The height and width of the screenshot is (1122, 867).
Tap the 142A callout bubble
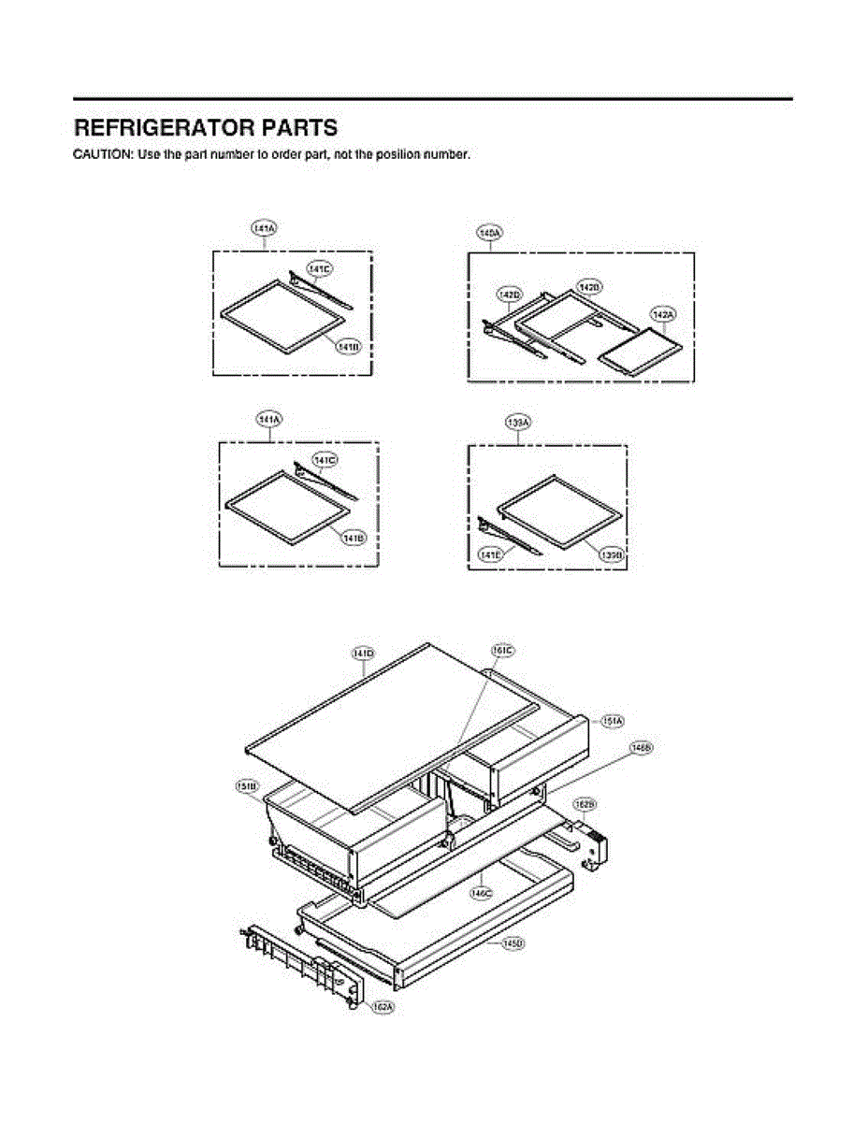pyautogui.click(x=662, y=315)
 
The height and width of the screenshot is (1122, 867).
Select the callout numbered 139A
pyautogui.click(x=518, y=423)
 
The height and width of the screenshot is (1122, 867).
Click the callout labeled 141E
pyautogui.click(x=490, y=555)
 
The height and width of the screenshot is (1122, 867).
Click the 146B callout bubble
pyautogui.click(x=641, y=748)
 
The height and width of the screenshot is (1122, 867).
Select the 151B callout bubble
pyautogui.click(x=247, y=786)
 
